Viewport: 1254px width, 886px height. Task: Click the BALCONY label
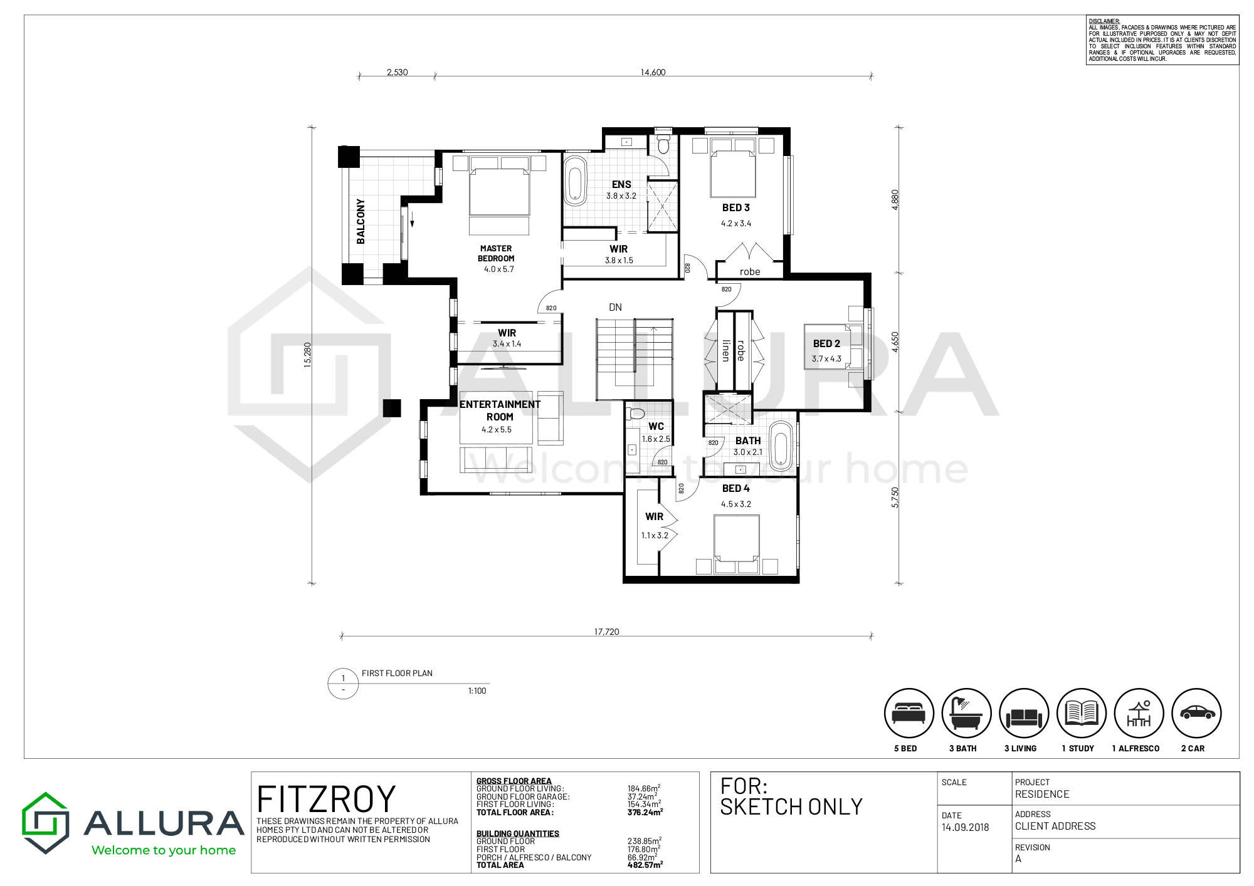coord(361,221)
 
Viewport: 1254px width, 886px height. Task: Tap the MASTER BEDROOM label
coord(496,253)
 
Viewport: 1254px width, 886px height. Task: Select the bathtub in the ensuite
coord(575,181)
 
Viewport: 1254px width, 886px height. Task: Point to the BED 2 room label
coord(826,343)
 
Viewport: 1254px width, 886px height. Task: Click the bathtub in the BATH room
coord(781,447)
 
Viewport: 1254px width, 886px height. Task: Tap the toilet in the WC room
coord(635,414)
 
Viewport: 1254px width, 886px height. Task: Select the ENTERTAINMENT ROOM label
coord(500,410)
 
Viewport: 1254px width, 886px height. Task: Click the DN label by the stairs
coord(615,307)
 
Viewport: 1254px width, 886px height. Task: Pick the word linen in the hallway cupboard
coord(726,350)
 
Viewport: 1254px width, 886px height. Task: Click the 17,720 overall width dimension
coord(606,632)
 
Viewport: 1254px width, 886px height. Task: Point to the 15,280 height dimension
coord(307,355)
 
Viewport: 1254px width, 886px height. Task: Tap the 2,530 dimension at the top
coord(397,72)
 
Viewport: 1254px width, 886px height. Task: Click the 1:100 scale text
coord(477,691)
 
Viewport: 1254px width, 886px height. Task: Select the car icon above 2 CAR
coord(1197,713)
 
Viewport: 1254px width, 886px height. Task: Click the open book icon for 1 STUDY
coord(1082,713)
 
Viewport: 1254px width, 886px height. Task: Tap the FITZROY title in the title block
coord(326,800)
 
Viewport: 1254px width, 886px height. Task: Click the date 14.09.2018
coord(965,827)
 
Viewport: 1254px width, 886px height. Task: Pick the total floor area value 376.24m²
coord(645,812)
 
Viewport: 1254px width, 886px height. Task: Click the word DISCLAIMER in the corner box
coord(1104,21)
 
